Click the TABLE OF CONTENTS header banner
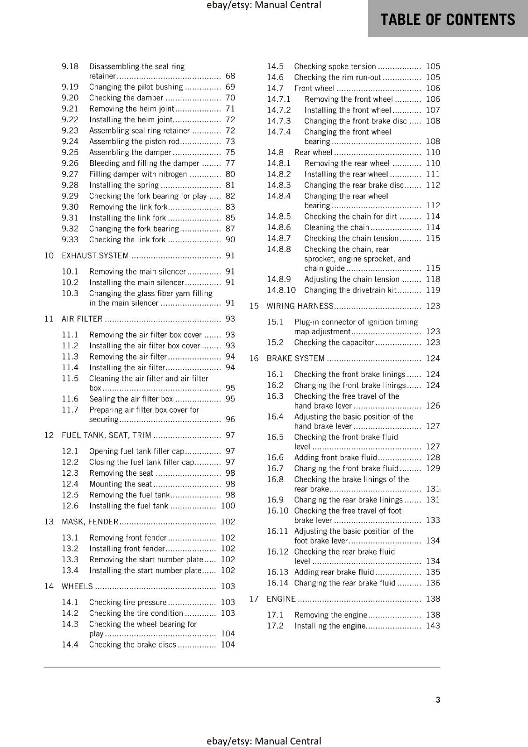click(448, 19)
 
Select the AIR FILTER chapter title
click(82, 319)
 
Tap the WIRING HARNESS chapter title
click(300, 306)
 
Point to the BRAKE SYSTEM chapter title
click(295, 359)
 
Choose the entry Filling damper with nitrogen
click(138, 174)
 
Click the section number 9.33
click(70, 240)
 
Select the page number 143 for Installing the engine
click(433, 626)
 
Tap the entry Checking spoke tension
click(335, 66)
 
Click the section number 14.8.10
click(281, 290)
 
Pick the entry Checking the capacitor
click(334, 342)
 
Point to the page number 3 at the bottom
click(438, 699)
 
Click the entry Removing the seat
click(121, 473)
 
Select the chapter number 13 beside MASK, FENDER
click(49, 521)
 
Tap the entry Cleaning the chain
click(336, 227)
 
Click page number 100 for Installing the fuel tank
click(228, 506)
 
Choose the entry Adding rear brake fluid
click(334, 572)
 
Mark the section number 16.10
click(278, 511)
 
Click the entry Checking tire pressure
click(128, 602)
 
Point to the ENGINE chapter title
click(281, 599)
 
